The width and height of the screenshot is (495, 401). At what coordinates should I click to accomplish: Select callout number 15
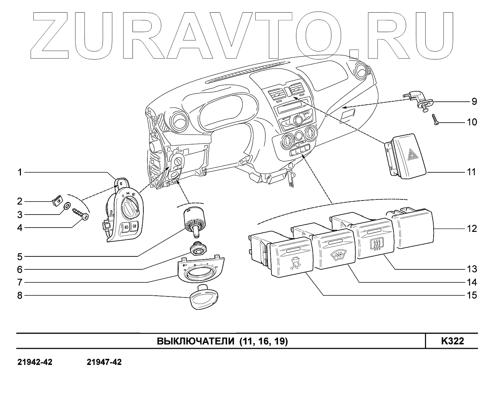(472, 295)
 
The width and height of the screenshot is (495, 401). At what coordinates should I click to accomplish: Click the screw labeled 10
(435, 120)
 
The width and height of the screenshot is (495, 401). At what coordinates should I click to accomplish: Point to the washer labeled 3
(67, 207)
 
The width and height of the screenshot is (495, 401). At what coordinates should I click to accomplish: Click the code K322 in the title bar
(452, 341)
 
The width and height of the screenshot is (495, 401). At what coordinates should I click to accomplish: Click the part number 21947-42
(104, 362)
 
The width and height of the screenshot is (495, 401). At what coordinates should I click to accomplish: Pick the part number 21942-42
(35, 362)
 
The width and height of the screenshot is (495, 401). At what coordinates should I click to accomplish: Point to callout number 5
(20, 256)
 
